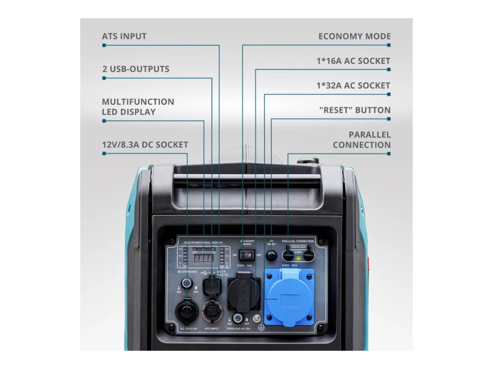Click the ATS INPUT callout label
(x=124, y=37)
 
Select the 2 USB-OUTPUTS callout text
(x=135, y=69)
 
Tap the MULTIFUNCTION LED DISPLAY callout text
(x=138, y=107)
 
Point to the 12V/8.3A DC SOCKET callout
(x=145, y=145)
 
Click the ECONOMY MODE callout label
(x=355, y=37)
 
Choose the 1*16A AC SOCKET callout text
(x=353, y=61)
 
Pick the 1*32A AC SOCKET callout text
(x=353, y=86)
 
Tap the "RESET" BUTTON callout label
(x=355, y=110)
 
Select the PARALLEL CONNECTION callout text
(x=362, y=140)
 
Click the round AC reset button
(x=272, y=255)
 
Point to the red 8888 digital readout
(x=204, y=258)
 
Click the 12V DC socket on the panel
(x=186, y=312)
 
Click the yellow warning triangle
(x=298, y=258)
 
